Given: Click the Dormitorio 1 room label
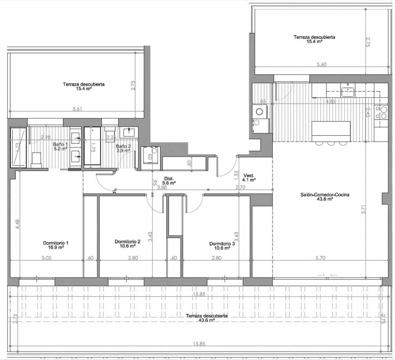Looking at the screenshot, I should pyautogui.click(x=56, y=245).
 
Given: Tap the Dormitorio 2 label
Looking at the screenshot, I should pyautogui.click(x=127, y=244).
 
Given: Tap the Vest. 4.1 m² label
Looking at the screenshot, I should pyautogui.click(x=249, y=178).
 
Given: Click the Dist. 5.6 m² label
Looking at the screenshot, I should pyautogui.click(x=169, y=180).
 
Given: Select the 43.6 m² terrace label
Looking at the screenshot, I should pyautogui.click(x=206, y=318).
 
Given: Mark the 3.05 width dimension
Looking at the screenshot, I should pyautogui.click(x=46, y=258).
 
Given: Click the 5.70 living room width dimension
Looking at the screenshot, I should pyautogui.click(x=320, y=258).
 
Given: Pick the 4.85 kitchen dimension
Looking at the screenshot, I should pyautogui.click(x=330, y=102).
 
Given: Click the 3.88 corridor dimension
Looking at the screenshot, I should pyautogui.click(x=161, y=187).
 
